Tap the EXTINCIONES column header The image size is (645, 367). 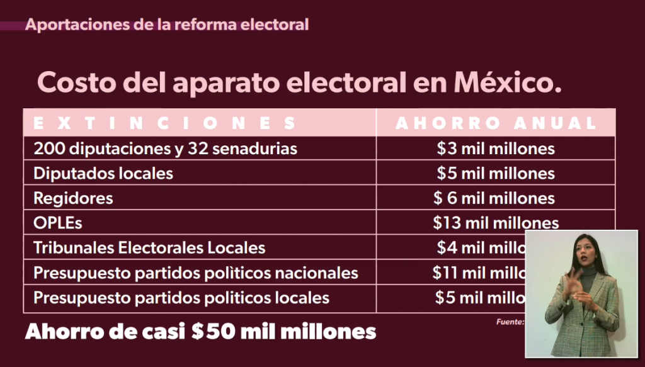point(164,123)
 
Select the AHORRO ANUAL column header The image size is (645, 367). point(496,123)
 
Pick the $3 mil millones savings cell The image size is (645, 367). point(496,149)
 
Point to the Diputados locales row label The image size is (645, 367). point(103,173)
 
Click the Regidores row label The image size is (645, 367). point(73,198)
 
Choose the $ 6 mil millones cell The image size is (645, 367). point(494,198)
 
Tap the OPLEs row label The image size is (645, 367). point(58,223)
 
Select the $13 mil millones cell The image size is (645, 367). point(496,223)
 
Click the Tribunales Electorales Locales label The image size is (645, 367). point(149,247)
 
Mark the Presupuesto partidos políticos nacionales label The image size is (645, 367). point(196,273)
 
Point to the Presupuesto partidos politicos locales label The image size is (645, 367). point(181,296)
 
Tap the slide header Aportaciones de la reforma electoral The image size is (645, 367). point(168,25)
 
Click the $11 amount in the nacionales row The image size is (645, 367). point(444,273)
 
